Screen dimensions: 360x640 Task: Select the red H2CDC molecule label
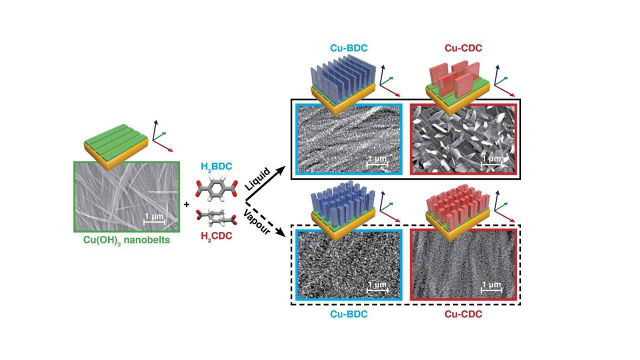click(x=216, y=235)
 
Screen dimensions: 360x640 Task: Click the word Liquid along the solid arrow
click(x=258, y=179)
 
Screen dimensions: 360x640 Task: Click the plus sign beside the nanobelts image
click(x=186, y=204)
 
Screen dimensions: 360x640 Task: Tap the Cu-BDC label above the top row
click(x=348, y=48)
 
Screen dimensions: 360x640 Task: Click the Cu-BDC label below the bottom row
click(x=348, y=314)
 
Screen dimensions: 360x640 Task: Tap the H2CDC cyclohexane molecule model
click(x=215, y=218)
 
